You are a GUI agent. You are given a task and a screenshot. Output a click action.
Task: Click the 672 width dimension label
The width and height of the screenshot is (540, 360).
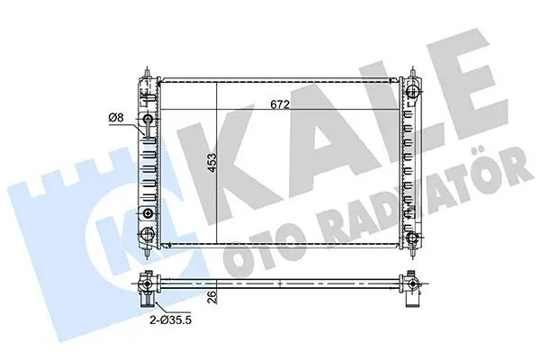click(280, 104)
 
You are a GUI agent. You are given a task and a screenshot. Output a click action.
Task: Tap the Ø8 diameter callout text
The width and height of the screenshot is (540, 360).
click(116, 118)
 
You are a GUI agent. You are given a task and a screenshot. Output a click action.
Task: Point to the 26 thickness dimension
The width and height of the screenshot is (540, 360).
click(212, 297)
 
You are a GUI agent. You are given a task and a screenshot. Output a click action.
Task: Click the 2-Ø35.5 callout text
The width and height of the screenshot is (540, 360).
click(170, 320)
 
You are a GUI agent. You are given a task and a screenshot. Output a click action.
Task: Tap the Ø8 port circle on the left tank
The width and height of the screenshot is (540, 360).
click(148, 119)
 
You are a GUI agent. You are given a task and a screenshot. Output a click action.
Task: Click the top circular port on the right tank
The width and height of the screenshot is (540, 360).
click(412, 92)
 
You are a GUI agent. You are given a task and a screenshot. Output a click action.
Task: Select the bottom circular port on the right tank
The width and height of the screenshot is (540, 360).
click(412, 238)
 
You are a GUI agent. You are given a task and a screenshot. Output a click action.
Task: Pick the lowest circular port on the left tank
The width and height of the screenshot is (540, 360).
click(148, 234)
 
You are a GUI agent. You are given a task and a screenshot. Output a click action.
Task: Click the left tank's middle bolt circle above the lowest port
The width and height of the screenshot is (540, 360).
click(148, 213)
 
